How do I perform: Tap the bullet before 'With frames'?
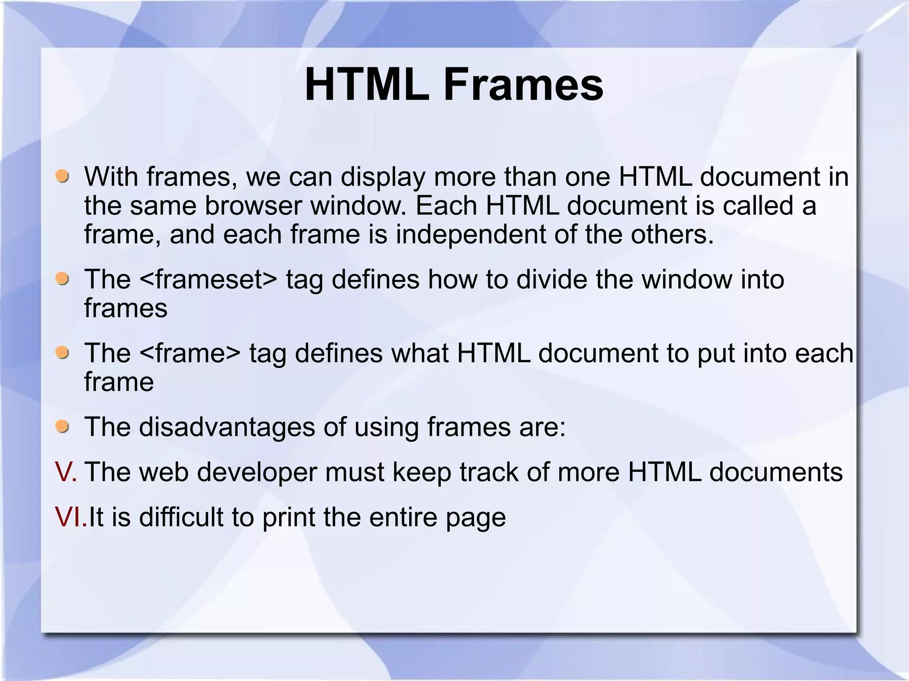point(63,177)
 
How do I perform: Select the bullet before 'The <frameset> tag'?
point(63,279)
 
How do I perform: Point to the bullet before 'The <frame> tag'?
point(63,353)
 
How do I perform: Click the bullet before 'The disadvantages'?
point(63,427)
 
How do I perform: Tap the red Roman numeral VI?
point(70,517)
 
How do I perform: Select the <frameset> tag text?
point(208,279)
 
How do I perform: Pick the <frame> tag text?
point(190,353)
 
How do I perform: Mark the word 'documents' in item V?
point(776,472)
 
